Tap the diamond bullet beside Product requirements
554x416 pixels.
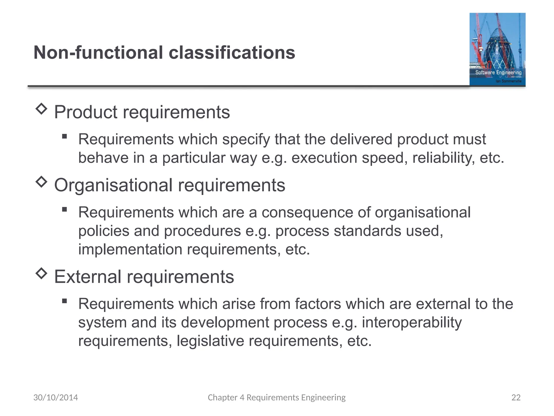click(41, 109)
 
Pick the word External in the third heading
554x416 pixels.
click(87, 277)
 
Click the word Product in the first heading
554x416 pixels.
click(85, 112)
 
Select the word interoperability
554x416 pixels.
click(412, 322)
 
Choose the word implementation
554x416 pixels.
click(130, 249)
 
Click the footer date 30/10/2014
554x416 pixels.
click(55, 397)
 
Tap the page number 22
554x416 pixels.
click(516, 397)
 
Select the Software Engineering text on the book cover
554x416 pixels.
click(498, 72)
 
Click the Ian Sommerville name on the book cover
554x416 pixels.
click(508, 81)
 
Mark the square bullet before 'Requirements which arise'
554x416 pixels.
click(64, 301)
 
